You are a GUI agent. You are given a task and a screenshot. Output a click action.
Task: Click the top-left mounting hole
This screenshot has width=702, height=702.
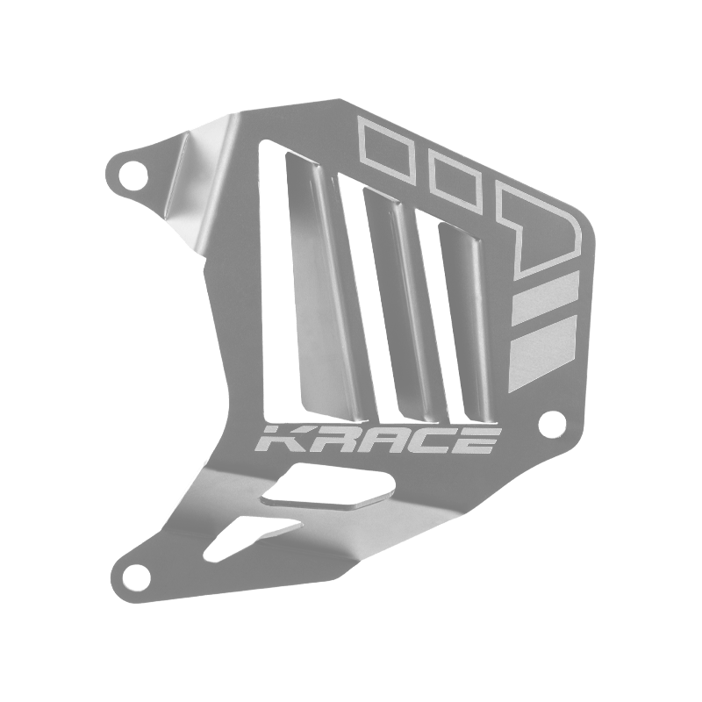pos(136,171)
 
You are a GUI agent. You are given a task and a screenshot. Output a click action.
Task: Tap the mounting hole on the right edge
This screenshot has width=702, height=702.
pos(552,421)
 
